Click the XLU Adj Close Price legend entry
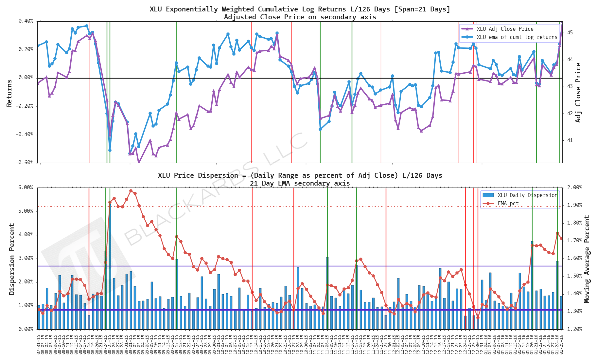505,29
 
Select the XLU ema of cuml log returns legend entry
517,37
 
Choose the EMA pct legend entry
508,204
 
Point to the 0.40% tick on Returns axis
26,21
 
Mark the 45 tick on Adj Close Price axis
570,33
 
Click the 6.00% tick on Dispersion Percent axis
26,188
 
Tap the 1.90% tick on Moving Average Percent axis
574,205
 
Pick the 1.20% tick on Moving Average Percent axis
574,329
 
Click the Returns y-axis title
9,93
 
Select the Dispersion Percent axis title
12,259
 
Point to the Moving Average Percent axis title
587,259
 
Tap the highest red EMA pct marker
131,191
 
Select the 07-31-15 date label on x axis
39,344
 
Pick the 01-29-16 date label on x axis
562,344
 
